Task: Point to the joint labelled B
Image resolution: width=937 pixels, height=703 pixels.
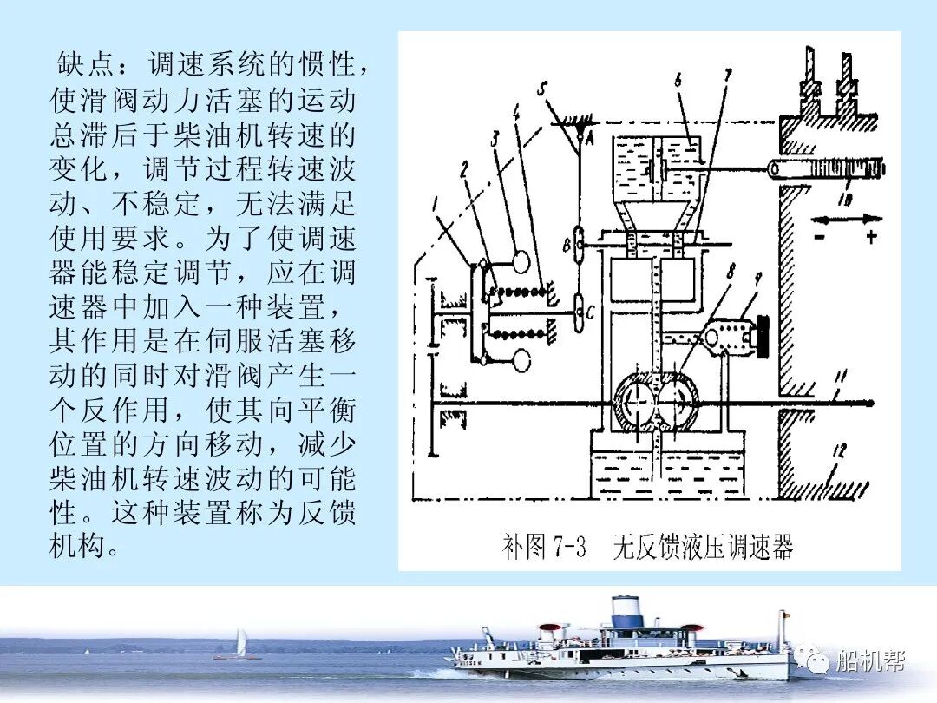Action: pyautogui.click(x=567, y=246)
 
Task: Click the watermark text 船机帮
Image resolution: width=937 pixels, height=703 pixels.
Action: pyautogui.click(x=870, y=662)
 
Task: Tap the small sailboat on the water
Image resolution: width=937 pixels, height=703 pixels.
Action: pyautogui.click(x=241, y=645)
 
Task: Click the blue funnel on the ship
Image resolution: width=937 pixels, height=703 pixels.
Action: pyautogui.click(x=625, y=611)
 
